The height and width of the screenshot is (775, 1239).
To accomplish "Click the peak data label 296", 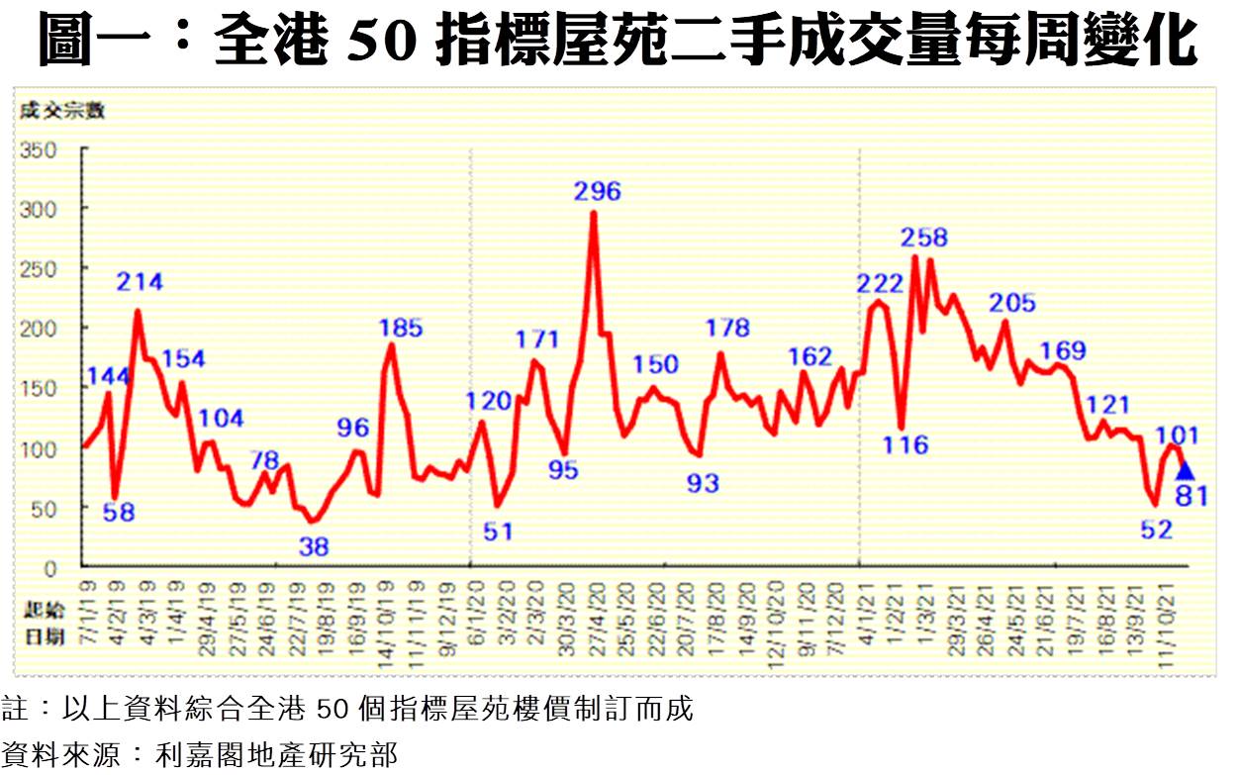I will coord(598,191).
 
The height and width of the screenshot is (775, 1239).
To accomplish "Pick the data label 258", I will coord(924,238).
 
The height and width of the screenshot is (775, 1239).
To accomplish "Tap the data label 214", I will coord(140,282).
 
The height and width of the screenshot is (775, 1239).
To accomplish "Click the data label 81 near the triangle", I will coord(1191,496).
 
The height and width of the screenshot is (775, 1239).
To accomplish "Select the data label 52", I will coord(1156,530).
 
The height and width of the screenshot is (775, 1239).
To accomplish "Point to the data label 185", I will coord(400,328).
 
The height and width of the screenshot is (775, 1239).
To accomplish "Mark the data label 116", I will coord(906,444).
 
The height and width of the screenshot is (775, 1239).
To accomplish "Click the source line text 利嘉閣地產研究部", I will coord(277,756).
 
